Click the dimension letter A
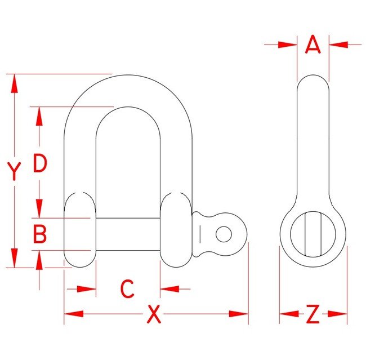pos(313,45)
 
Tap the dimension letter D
pos(39,163)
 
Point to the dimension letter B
pos(39,234)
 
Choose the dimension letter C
pos(128,289)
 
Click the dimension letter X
pos(153,314)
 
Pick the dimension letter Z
pos(313,314)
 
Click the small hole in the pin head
pos(224,233)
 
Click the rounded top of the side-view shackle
pos(313,79)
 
